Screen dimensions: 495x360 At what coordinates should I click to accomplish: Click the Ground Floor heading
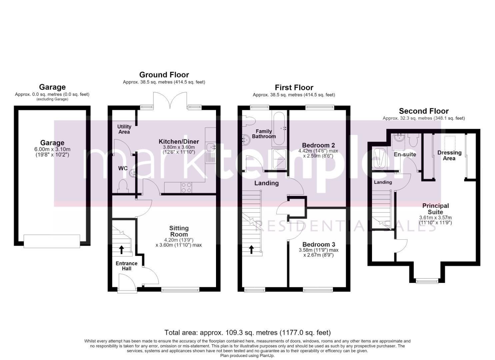coord(164,75)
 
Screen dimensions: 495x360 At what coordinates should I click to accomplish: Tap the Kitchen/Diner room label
coord(179,141)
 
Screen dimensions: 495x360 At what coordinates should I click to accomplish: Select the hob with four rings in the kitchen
coord(186,188)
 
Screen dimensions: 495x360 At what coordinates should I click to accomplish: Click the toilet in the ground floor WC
coord(123,186)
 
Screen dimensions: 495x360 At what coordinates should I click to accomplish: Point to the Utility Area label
coord(124,129)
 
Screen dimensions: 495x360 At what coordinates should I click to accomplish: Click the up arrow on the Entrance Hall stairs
coord(121,250)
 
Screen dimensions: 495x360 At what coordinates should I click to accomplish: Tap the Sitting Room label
coord(179,231)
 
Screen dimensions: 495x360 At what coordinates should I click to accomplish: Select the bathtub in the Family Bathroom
coord(279,129)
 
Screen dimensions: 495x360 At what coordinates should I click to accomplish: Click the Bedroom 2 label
coord(318,145)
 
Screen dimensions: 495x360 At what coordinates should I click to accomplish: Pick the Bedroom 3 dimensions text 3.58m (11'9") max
coord(318,250)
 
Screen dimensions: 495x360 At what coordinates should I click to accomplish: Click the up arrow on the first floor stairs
coord(251,250)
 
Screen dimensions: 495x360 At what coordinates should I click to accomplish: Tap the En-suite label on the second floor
coord(405,154)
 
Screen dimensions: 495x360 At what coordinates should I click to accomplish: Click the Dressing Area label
coord(449,155)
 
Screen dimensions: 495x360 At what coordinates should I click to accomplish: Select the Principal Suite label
coord(435,209)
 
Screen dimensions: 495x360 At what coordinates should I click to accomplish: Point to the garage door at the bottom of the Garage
coord(52,241)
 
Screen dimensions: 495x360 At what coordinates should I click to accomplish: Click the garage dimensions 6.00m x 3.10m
coord(52,149)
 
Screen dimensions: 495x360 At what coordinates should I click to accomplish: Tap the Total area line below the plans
coord(247,332)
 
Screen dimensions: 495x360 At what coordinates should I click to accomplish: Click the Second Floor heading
coord(424,111)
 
